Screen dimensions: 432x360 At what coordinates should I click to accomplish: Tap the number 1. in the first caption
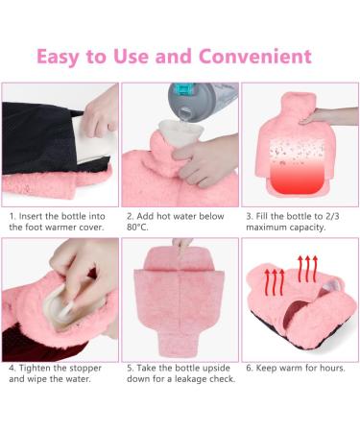(12, 215)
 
